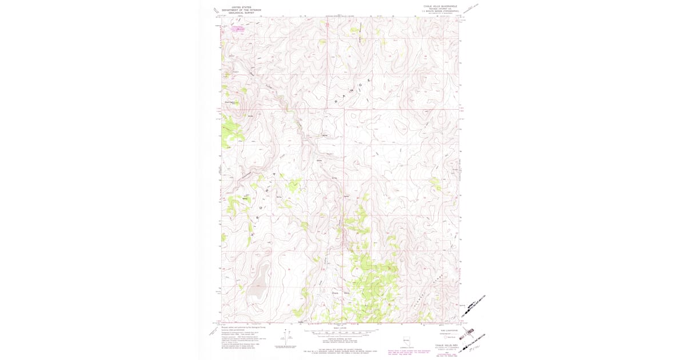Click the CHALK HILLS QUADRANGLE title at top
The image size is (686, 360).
440,6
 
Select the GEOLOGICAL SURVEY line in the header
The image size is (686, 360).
241,13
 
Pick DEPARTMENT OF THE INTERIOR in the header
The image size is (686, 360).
241,10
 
